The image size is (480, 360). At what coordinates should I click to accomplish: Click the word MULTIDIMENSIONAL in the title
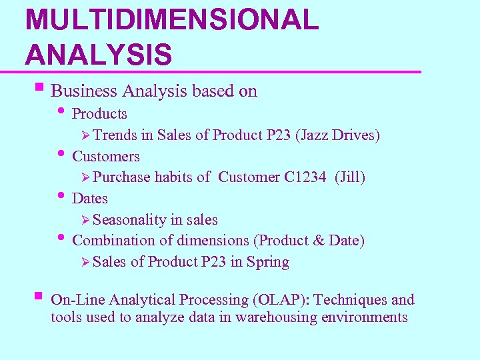pos(172,20)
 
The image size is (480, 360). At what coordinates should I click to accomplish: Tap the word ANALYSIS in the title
pos(99,53)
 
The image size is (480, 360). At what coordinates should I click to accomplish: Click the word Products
pos(99,114)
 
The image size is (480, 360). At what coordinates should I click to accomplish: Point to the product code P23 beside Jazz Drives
pos(278,135)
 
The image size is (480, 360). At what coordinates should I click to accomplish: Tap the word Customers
pos(106,157)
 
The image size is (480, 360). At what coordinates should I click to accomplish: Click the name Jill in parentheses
pos(350,177)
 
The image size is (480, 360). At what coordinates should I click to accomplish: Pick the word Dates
pos(89,199)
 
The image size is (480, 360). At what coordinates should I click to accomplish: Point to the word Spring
pos(268,262)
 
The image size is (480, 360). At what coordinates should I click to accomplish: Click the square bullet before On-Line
pos(37,296)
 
